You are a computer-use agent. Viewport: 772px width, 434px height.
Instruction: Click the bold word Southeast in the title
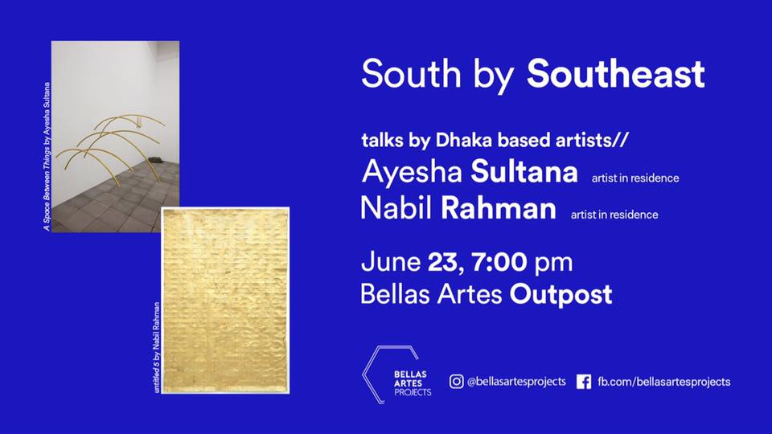pos(615,74)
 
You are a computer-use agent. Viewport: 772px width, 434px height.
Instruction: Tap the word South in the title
pos(411,74)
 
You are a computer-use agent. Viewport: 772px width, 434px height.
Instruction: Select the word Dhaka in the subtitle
pos(463,140)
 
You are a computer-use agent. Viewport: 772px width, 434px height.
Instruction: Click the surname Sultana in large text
pos(524,172)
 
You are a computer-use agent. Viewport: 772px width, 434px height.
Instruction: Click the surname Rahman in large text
pos(499,208)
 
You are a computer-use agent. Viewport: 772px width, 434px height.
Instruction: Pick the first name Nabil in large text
pos(396,208)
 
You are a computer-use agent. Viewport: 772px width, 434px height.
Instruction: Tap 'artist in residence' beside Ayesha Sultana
pos(635,178)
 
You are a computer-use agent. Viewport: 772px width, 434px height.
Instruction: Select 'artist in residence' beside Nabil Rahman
pos(614,215)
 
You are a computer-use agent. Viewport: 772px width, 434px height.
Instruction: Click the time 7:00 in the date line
pos(499,262)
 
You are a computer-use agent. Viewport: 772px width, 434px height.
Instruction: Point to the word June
pos(391,262)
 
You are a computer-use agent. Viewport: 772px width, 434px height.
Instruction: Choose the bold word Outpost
pos(561,295)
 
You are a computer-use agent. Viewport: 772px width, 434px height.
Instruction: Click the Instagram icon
pos(457,381)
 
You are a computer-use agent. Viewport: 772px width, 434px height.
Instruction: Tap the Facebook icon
pos(584,382)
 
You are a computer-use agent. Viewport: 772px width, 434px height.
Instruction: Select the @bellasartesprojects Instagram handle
pos(516,381)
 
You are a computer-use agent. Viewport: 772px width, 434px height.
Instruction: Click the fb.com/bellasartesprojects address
pos(664,382)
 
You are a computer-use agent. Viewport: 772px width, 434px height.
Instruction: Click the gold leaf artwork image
pos(225,301)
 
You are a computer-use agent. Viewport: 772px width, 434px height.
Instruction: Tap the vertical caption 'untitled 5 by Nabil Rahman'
pos(157,347)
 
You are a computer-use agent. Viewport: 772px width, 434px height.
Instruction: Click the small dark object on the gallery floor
pos(156,159)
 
